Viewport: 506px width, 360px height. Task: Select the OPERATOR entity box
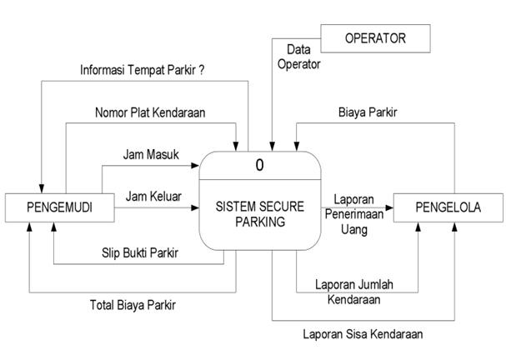376,38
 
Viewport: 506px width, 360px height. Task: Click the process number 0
259,165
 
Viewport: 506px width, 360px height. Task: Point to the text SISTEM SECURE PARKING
260,214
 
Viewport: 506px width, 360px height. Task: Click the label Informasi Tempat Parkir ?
143,70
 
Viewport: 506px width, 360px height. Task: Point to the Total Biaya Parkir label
133,305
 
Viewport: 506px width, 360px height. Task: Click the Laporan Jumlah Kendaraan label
354,291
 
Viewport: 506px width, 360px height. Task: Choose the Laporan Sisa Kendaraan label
363,334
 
